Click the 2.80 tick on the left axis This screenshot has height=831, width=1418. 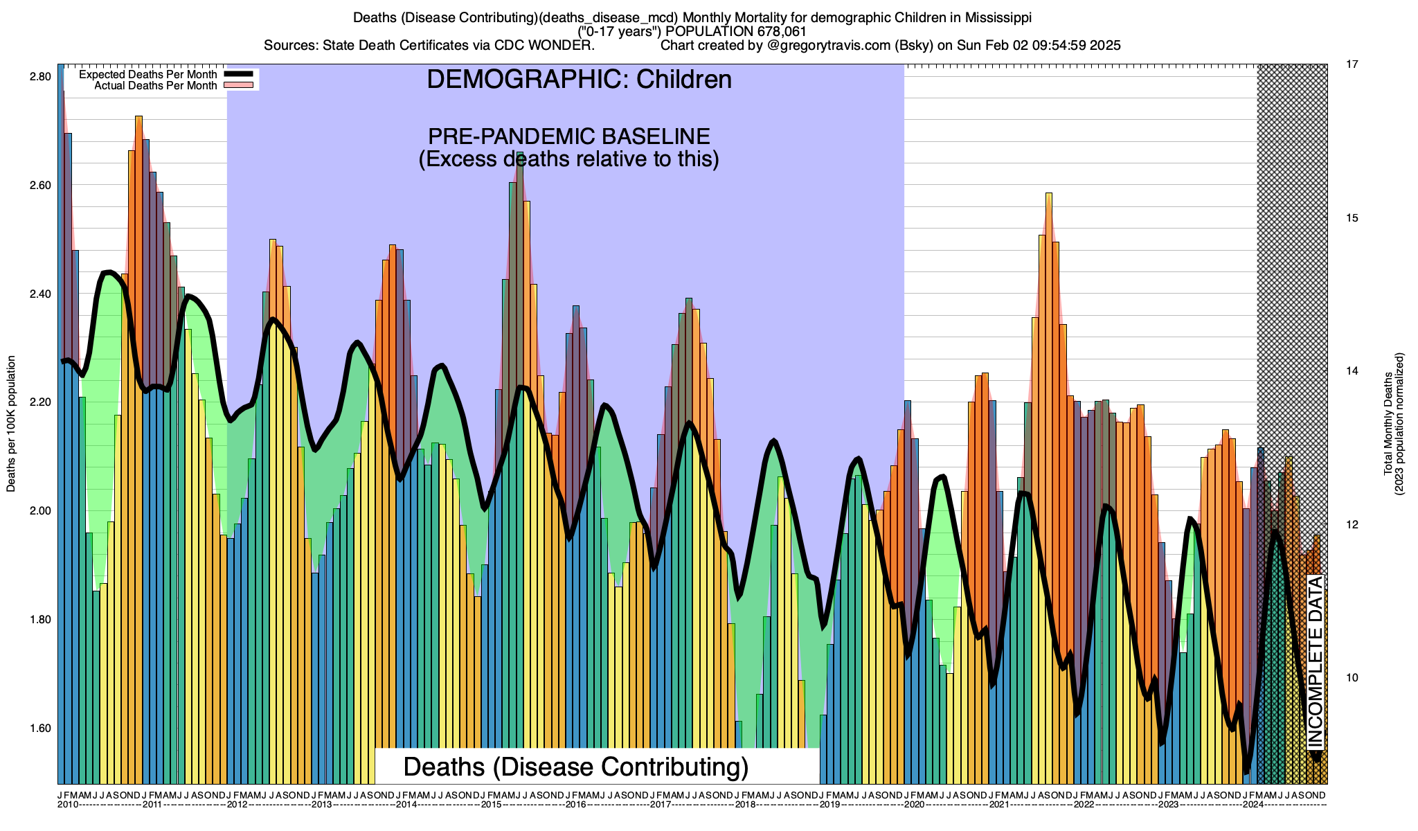[x=40, y=76]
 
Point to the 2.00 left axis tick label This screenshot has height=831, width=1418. [x=40, y=511]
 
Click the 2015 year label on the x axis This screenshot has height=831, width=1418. [x=491, y=805]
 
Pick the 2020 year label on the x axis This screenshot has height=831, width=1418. [x=914, y=805]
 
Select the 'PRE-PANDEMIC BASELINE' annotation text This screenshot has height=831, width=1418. [x=568, y=136]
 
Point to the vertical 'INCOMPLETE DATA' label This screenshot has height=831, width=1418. [x=1316, y=661]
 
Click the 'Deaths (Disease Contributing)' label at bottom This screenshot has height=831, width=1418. [x=576, y=767]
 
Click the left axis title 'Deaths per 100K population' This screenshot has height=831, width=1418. [x=11, y=424]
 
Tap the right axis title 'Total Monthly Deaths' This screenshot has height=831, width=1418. [x=1388, y=424]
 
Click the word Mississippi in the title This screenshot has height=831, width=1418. [x=994, y=17]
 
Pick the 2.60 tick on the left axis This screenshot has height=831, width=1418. [x=40, y=185]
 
